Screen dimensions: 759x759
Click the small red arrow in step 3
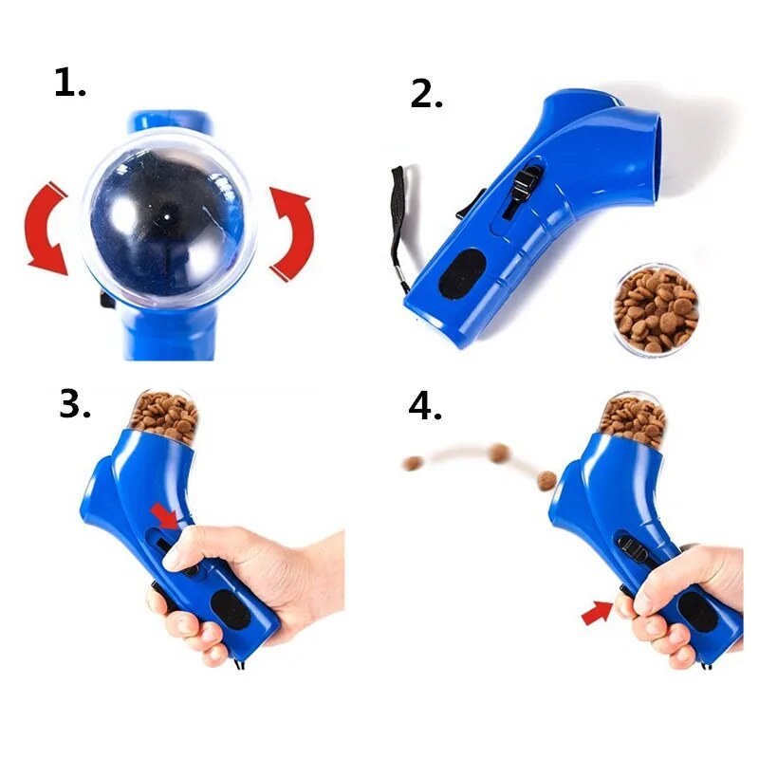click(165, 515)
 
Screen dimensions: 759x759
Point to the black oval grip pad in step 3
click(228, 610)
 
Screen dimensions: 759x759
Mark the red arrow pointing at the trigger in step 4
click(596, 614)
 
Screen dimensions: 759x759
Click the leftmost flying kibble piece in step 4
click(412, 463)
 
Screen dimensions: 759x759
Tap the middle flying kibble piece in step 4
click(499, 453)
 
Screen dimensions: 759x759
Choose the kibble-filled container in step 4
click(632, 418)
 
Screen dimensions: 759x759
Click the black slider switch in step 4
click(630, 548)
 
